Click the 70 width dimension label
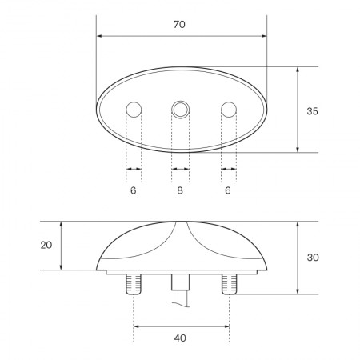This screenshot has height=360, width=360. click(179, 25)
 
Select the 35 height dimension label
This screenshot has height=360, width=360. click(312, 111)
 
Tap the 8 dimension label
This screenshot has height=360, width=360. click(180, 190)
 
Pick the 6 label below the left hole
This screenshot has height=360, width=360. click(133, 190)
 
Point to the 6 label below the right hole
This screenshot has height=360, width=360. click(228, 190)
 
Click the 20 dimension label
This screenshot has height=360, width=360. click(46, 245)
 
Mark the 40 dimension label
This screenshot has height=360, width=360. click(180, 338)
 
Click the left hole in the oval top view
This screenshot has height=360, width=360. click(134, 109)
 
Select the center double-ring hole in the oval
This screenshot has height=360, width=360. click(181, 109)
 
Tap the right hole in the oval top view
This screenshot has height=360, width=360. click(229, 109)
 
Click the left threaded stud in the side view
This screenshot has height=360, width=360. click(134, 283)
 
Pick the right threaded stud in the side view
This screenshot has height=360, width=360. click(229, 283)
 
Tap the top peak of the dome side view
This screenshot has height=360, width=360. click(181, 222)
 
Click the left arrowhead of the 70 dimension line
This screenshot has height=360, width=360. click(99, 36)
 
